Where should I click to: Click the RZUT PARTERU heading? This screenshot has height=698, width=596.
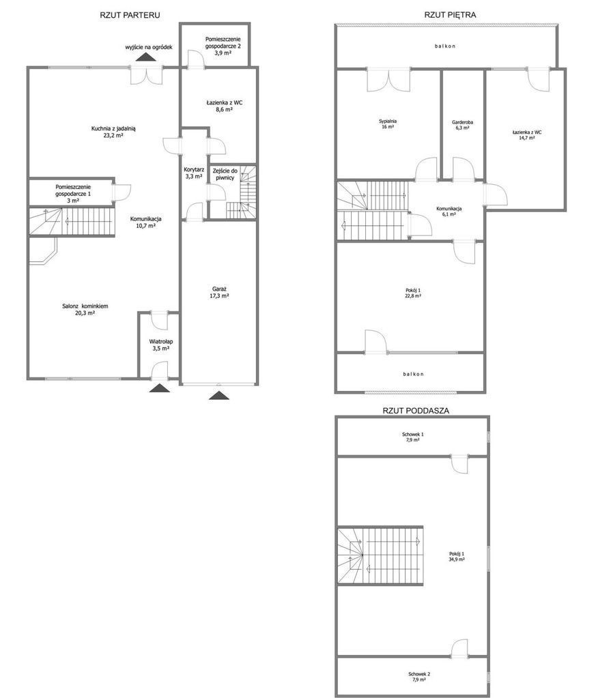click(130, 15)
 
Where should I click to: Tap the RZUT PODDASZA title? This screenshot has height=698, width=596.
click(416, 411)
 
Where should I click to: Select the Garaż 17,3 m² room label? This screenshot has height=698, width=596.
click(220, 293)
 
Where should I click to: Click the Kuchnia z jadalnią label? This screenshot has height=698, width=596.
click(113, 129)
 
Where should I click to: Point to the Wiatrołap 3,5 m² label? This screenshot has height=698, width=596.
click(161, 345)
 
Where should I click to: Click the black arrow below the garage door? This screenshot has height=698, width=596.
click(219, 395)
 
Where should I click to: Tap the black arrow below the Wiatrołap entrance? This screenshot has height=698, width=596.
click(160, 388)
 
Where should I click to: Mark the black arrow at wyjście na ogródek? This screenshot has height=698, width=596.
click(145, 57)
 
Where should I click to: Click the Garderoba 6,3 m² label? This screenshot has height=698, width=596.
click(462, 125)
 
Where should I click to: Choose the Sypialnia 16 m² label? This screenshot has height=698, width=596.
click(388, 123)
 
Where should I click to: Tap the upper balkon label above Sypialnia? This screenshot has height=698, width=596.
click(445, 46)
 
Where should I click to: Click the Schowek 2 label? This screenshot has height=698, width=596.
click(418, 674)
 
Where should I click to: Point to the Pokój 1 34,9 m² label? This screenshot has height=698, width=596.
click(457, 557)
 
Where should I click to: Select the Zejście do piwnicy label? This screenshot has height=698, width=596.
click(225, 174)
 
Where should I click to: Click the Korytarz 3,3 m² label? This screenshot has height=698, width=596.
click(194, 173)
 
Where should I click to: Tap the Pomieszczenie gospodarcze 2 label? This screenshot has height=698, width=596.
click(223, 46)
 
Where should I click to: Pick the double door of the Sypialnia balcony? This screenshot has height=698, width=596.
click(388, 80)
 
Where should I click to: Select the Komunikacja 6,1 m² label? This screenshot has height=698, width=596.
click(449, 212)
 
